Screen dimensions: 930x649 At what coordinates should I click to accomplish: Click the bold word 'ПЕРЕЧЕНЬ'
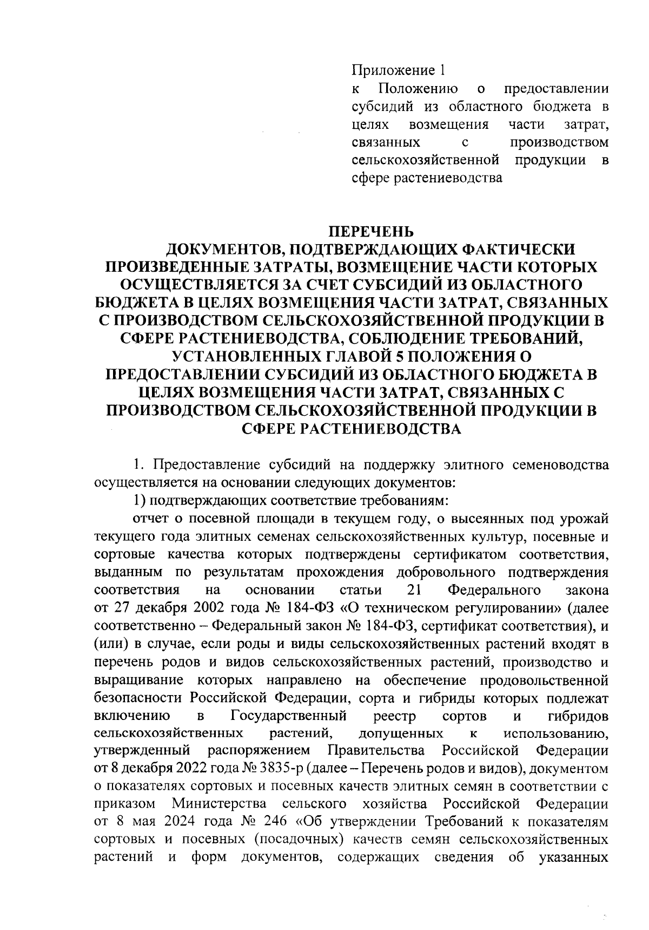click(372, 232)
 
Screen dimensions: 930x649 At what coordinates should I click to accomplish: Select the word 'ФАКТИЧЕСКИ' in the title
click(516, 250)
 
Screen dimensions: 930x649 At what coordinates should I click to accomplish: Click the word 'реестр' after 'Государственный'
click(394, 716)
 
